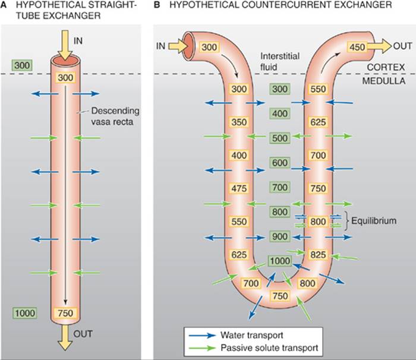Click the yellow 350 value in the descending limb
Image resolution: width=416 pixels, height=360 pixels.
pos(239,122)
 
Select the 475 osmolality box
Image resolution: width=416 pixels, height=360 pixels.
pos(239,188)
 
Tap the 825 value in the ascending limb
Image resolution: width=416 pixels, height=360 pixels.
pos(318,254)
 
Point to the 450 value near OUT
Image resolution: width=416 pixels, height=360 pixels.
pos(357,47)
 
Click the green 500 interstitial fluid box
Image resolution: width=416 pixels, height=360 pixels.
pos(280,138)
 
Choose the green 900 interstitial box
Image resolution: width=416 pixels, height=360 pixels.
pos(280,236)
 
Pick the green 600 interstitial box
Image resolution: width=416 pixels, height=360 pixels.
pos(280,163)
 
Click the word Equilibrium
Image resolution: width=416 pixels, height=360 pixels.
pos(374,221)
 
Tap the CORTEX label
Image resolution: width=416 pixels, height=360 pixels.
pos(386,67)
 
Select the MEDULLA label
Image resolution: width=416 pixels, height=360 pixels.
pos(384,81)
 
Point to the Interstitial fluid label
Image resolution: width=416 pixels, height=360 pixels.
pos(280,62)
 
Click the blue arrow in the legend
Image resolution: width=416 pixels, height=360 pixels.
pos(202,335)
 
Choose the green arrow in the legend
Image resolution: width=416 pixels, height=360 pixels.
pos(202,348)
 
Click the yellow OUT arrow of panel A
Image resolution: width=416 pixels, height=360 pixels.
pos(65,337)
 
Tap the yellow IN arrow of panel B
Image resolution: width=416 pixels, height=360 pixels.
pos(178,46)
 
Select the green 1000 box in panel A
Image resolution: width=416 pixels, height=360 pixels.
pos(25,313)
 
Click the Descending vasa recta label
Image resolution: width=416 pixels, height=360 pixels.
pos(115,116)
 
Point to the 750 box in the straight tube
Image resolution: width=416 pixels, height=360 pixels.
pos(65,313)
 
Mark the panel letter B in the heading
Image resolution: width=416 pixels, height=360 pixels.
pos(157,5)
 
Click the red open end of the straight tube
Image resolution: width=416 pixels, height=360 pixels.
pos(65,60)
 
